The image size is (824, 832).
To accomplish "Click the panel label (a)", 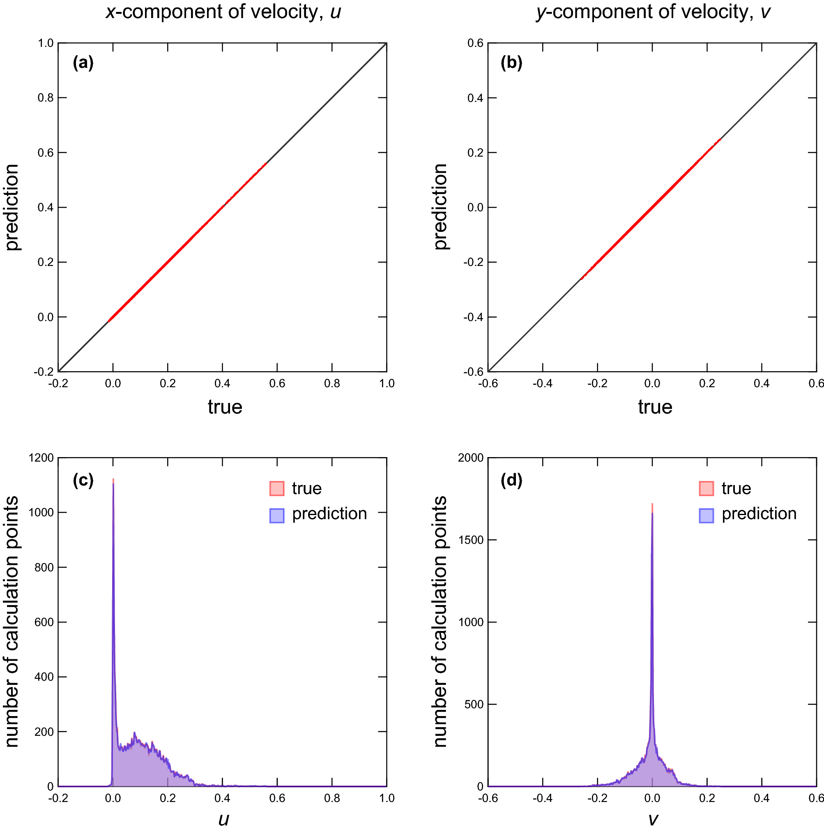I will (83, 63).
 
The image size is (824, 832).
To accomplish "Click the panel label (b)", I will (511, 63).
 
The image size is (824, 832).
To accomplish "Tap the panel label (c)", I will (83, 480).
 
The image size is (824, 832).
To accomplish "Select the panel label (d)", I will (511, 480).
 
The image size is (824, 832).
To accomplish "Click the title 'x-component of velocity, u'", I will (223, 12).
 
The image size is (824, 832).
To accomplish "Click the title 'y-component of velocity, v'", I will (652, 12).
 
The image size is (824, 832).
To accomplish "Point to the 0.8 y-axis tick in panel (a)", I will (46, 98).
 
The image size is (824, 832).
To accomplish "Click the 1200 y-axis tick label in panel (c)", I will (41, 458).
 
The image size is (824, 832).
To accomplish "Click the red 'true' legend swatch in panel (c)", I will (277, 489).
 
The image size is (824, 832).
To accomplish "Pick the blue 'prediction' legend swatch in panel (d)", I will (706, 515).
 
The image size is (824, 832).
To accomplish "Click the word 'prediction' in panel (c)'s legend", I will (329, 514).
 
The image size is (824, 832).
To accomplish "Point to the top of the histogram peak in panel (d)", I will (652, 504).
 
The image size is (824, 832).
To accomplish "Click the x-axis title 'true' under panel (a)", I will (225, 407).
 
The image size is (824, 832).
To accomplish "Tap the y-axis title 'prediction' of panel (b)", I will (441, 207).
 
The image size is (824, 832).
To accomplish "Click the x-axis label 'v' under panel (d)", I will (652, 819).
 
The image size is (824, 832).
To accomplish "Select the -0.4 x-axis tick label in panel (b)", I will (542, 384).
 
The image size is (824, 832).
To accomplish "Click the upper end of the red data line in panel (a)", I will (266, 164).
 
